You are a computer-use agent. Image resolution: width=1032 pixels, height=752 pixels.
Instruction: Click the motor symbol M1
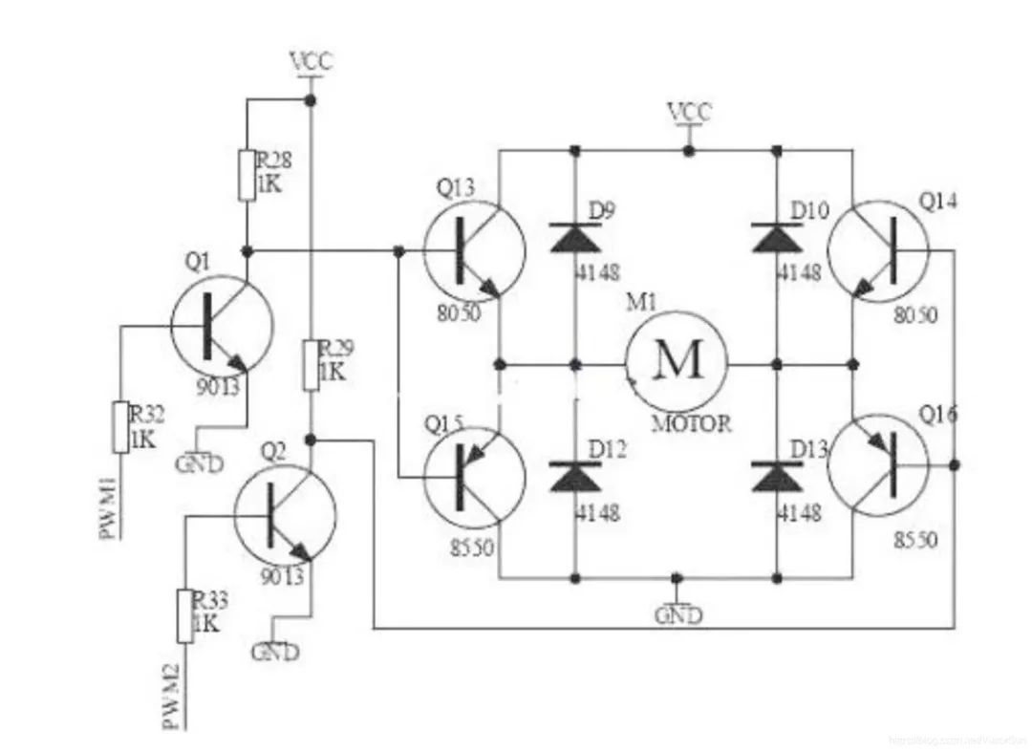677,362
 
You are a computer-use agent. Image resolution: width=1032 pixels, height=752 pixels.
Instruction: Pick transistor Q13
474,248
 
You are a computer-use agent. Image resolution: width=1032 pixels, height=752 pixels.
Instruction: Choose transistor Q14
878,249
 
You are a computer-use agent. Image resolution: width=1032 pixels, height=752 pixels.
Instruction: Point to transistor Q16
878,465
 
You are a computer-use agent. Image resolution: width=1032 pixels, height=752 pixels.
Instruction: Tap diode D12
574,476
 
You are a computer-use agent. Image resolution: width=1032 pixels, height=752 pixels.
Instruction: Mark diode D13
776,476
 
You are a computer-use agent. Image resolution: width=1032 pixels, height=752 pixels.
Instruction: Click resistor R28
246,174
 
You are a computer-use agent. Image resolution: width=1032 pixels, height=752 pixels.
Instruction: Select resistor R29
311,364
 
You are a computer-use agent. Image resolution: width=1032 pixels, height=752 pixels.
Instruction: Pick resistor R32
120,427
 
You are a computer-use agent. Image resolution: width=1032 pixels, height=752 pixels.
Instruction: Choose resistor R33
184,615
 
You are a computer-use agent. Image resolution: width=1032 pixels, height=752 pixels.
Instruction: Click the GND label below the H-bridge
677,615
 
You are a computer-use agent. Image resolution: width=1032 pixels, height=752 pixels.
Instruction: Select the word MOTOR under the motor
691,423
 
